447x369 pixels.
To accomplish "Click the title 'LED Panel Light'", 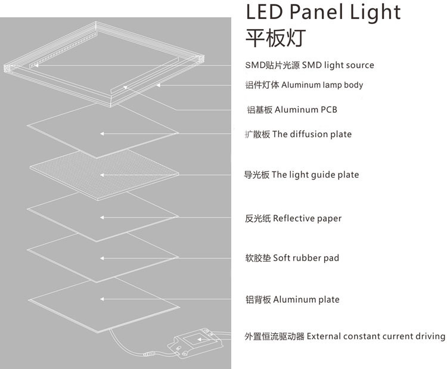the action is coord(323,12).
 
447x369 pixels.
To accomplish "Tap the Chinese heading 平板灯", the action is coord(275,38).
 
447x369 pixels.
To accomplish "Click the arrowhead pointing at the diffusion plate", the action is coord(102,134).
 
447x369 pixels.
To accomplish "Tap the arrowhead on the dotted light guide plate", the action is coord(102,175).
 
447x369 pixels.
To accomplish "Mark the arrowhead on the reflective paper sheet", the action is coord(102,218).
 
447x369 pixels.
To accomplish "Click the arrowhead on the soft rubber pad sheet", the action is coord(102,258).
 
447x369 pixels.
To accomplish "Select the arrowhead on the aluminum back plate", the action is coord(102,299).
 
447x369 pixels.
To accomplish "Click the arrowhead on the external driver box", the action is coord(200,339).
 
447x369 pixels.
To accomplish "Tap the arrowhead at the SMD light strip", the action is coord(36,66).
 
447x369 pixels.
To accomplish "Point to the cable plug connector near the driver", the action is coord(149,354).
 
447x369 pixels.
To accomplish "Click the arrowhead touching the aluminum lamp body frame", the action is coord(158,85).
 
